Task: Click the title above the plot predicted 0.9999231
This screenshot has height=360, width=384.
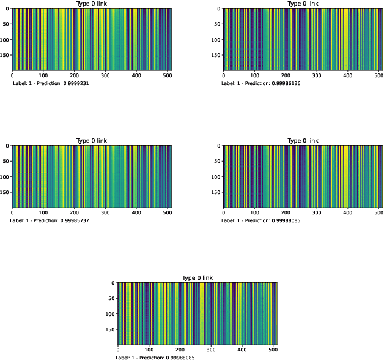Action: point(92,4)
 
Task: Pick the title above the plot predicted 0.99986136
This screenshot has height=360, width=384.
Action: point(303,4)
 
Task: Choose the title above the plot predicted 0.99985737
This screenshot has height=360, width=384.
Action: point(92,141)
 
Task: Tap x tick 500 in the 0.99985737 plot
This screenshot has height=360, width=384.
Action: point(168,213)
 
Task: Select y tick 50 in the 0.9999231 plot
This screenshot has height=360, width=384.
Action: point(6,24)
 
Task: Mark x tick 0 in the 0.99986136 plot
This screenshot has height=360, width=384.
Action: point(224,76)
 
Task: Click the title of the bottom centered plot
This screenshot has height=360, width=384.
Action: point(198,278)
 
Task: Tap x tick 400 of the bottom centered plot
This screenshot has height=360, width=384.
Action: point(242,350)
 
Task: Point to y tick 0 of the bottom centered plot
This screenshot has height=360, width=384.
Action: point(113,283)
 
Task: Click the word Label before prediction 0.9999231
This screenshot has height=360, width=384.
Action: point(20,83)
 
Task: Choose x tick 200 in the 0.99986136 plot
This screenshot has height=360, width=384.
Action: point(286,76)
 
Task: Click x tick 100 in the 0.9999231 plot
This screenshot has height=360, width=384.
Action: point(43,76)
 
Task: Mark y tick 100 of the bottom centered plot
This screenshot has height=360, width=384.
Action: point(109,314)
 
